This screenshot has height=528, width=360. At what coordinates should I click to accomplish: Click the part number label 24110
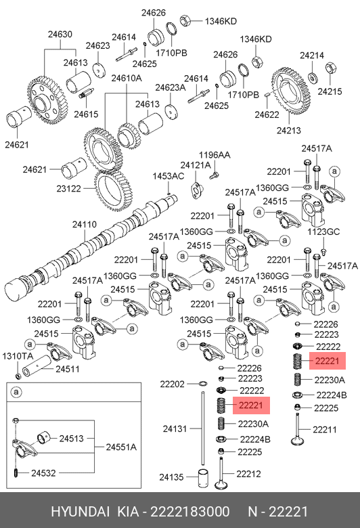[x=85, y=225]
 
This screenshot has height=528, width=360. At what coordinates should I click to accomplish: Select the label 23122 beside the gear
[x=69, y=189]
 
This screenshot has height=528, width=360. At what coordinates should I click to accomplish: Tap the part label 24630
[x=60, y=35]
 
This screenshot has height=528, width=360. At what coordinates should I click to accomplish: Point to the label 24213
[x=289, y=131]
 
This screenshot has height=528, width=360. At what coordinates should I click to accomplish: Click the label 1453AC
[x=168, y=176]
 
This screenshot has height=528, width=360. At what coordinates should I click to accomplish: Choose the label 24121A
[x=196, y=165]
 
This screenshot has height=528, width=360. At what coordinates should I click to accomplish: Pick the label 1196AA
[x=215, y=155]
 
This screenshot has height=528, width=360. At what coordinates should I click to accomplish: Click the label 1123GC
[x=323, y=232]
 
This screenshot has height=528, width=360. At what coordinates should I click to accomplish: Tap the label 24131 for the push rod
[x=175, y=429]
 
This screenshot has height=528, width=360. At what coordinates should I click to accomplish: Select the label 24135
[x=171, y=477]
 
